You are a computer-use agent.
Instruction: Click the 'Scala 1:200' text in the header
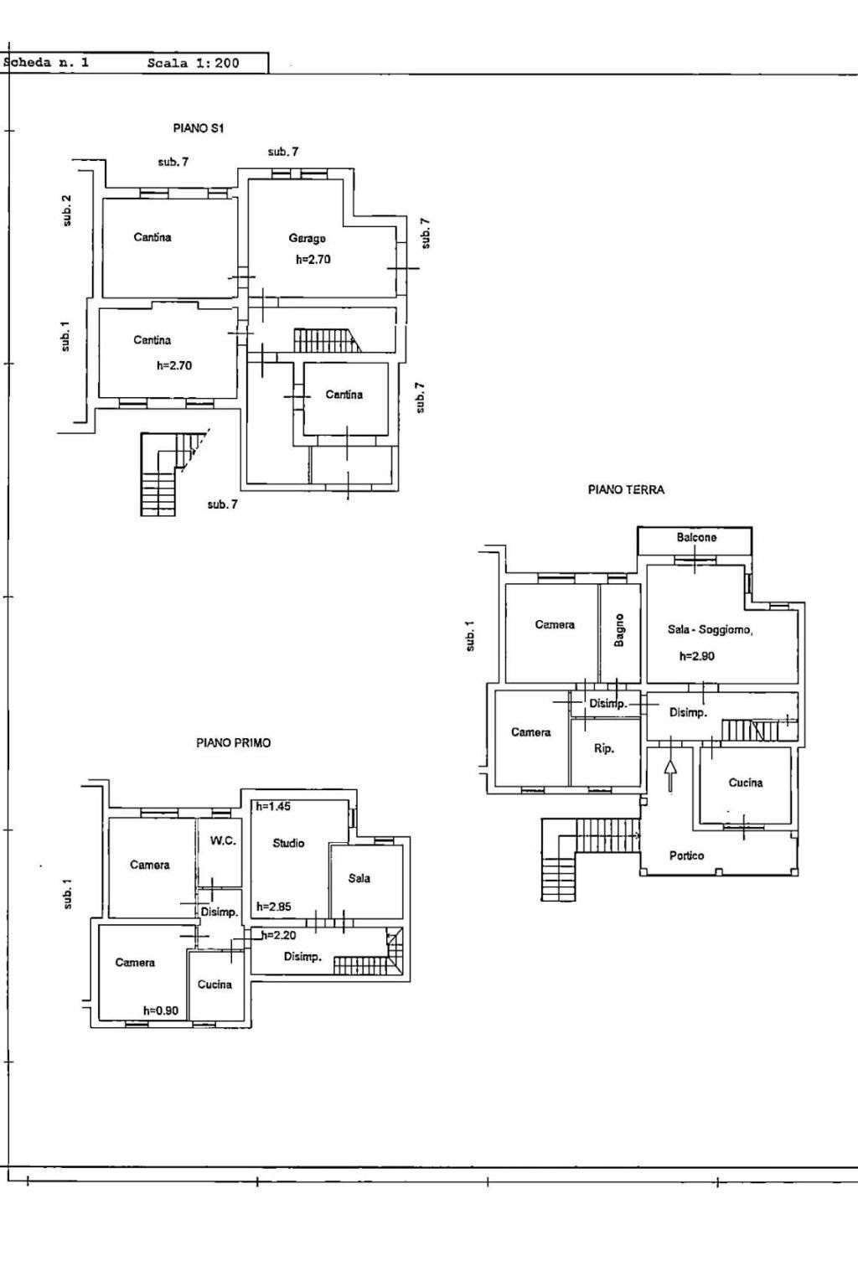pos(193,63)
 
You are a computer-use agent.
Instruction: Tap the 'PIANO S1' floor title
pos(199,128)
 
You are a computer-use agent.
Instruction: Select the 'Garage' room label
pos(308,239)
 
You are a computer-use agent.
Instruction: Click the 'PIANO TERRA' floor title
pos(626,490)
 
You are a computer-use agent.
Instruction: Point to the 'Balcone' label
pos(696,537)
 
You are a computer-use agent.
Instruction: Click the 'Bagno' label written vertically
pos(619,630)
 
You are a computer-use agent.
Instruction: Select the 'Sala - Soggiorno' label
pos(710,630)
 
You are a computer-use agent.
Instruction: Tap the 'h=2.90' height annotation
pos(696,656)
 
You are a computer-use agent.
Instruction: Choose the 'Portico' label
pos(686,855)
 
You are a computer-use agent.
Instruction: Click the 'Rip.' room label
pos(603,749)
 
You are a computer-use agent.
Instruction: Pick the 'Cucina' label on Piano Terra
pos(745,783)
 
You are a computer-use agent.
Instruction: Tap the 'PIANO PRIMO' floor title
pos(233,742)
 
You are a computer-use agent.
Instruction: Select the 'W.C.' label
pos(223,840)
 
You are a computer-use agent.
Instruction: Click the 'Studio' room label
pos(288,843)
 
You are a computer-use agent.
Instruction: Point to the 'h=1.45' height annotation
pos(273,806)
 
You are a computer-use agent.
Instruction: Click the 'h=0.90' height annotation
pos(161,1010)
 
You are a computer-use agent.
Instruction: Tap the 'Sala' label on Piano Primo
pos(359,878)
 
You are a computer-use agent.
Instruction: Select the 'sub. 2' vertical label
pos(67,209)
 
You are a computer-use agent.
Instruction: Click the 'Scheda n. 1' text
pos(47,63)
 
